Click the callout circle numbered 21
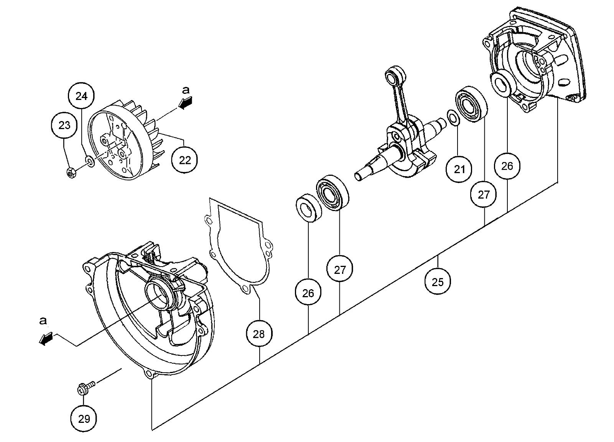pos(459,169)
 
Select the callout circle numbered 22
pos(185,160)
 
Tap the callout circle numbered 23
pos(65,125)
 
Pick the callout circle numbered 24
pos(81,96)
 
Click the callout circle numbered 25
pos(438,282)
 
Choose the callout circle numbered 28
pos(259,334)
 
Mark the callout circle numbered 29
pos(84,419)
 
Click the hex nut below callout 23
pos(71,173)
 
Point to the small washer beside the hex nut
pos(90,161)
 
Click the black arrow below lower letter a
pos(45,339)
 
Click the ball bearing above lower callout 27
pos(333,192)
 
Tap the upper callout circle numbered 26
pos(507,166)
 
